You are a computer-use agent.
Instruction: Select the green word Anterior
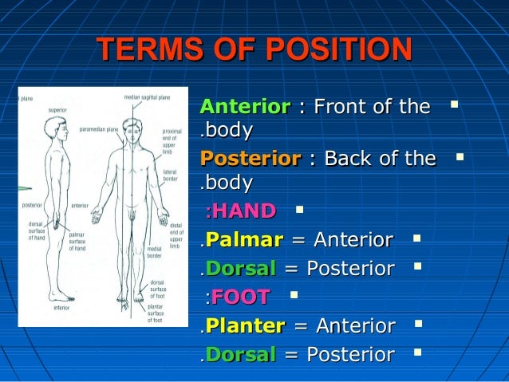pos(245,107)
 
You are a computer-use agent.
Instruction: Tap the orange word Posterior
pos(251,159)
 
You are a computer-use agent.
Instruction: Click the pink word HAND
pos(243,211)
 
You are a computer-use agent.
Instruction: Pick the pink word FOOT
pos(240,298)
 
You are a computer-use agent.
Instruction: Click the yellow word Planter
pos(245,325)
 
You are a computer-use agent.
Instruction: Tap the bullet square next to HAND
pos(298,211)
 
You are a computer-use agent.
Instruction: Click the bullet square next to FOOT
pos(294,296)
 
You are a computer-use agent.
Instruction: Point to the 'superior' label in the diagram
pos(57,109)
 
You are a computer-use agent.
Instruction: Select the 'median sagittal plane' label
pos(147,97)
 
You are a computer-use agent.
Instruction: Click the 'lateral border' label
pos(170,175)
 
